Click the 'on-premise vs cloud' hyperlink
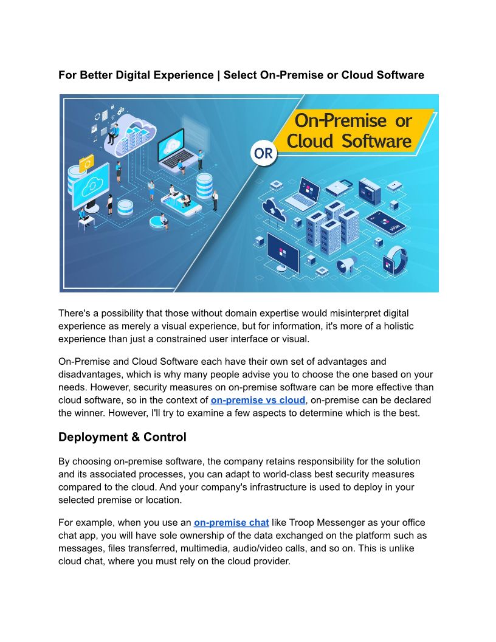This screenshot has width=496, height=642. tap(258, 399)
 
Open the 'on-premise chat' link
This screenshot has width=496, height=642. tap(231, 522)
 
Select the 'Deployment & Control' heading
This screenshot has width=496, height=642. tap(122, 437)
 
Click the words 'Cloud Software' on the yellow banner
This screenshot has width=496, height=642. tap(349, 142)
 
